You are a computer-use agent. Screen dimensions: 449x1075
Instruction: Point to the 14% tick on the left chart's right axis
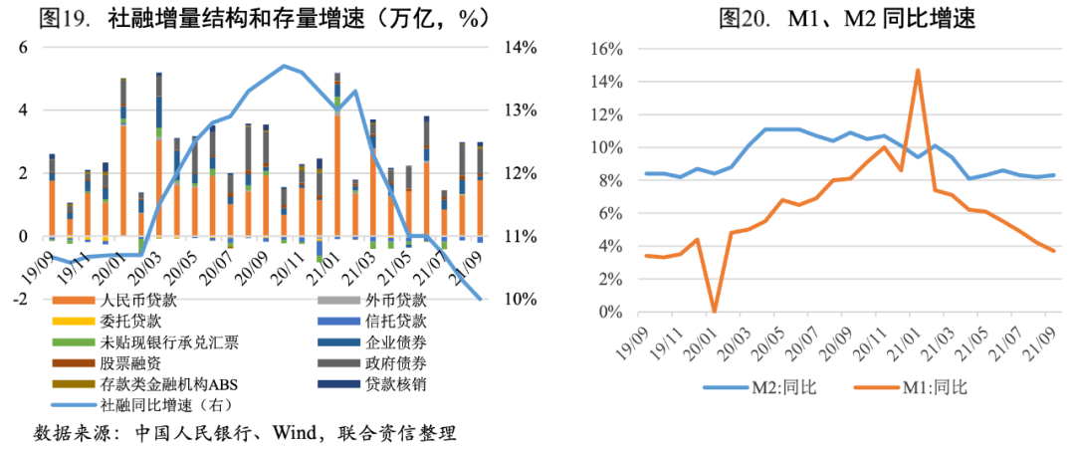click(520, 48)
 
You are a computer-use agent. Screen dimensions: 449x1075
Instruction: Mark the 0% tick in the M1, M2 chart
click(610, 312)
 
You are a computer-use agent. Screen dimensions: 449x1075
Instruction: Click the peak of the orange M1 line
click(917, 70)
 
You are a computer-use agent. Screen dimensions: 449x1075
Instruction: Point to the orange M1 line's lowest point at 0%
click(714, 311)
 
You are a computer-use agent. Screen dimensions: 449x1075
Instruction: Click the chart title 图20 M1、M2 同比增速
click(847, 19)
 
